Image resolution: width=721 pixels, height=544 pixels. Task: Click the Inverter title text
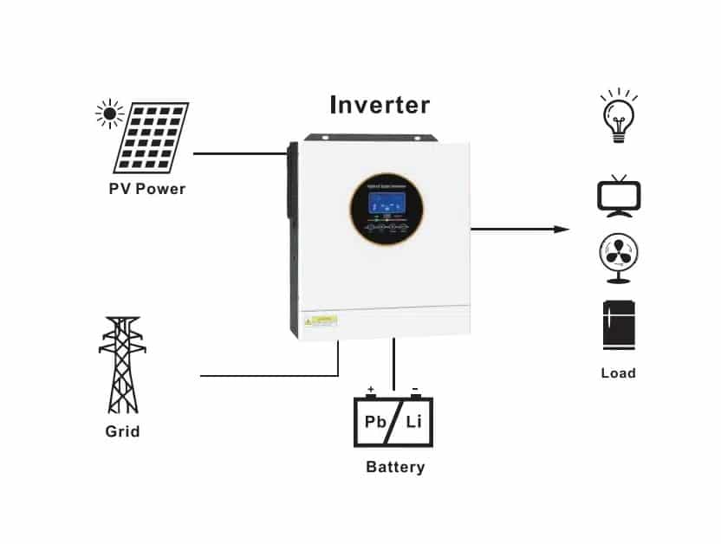coord(380,106)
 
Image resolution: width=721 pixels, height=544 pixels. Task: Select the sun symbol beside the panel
coord(109,113)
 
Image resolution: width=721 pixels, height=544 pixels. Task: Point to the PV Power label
coord(147,189)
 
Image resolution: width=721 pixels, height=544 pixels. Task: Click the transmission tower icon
coord(122,365)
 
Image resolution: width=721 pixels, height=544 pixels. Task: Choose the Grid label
coord(122,431)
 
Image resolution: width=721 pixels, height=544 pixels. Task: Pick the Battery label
coord(395,468)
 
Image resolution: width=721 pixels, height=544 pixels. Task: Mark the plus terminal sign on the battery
coord(371,389)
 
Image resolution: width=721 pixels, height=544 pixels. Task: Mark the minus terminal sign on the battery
coord(415,389)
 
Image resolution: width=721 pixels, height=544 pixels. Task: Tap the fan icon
coord(619,257)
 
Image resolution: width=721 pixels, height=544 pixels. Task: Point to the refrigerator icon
coord(618,325)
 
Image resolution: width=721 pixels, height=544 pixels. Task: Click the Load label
coord(618,373)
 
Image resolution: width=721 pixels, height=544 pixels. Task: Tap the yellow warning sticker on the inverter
coord(320,321)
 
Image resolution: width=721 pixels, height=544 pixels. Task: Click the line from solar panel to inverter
coord(239,153)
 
